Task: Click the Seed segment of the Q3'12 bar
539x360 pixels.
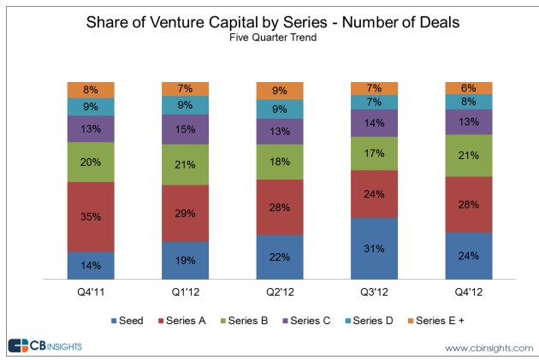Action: pos(374,248)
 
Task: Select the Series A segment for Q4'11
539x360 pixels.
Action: pos(91,216)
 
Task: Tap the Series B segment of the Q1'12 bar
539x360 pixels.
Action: pos(185,164)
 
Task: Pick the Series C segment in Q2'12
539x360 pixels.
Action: pos(280,131)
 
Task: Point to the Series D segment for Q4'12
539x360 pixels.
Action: pos(468,102)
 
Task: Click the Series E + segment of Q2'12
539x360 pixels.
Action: pos(280,90)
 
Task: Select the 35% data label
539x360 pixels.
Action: pos(91,218)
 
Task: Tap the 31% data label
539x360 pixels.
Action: pos(374,249)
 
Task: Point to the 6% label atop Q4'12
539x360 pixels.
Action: pos(468,88)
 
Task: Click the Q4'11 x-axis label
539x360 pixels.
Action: pos(91,292)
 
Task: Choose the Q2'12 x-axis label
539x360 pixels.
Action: pos(280,292)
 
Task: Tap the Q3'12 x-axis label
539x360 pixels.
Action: pos(374,292)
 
